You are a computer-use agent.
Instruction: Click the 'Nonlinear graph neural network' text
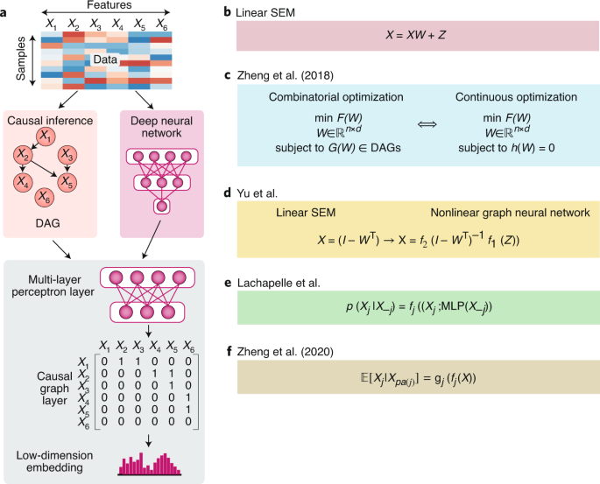pos(501,214)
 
